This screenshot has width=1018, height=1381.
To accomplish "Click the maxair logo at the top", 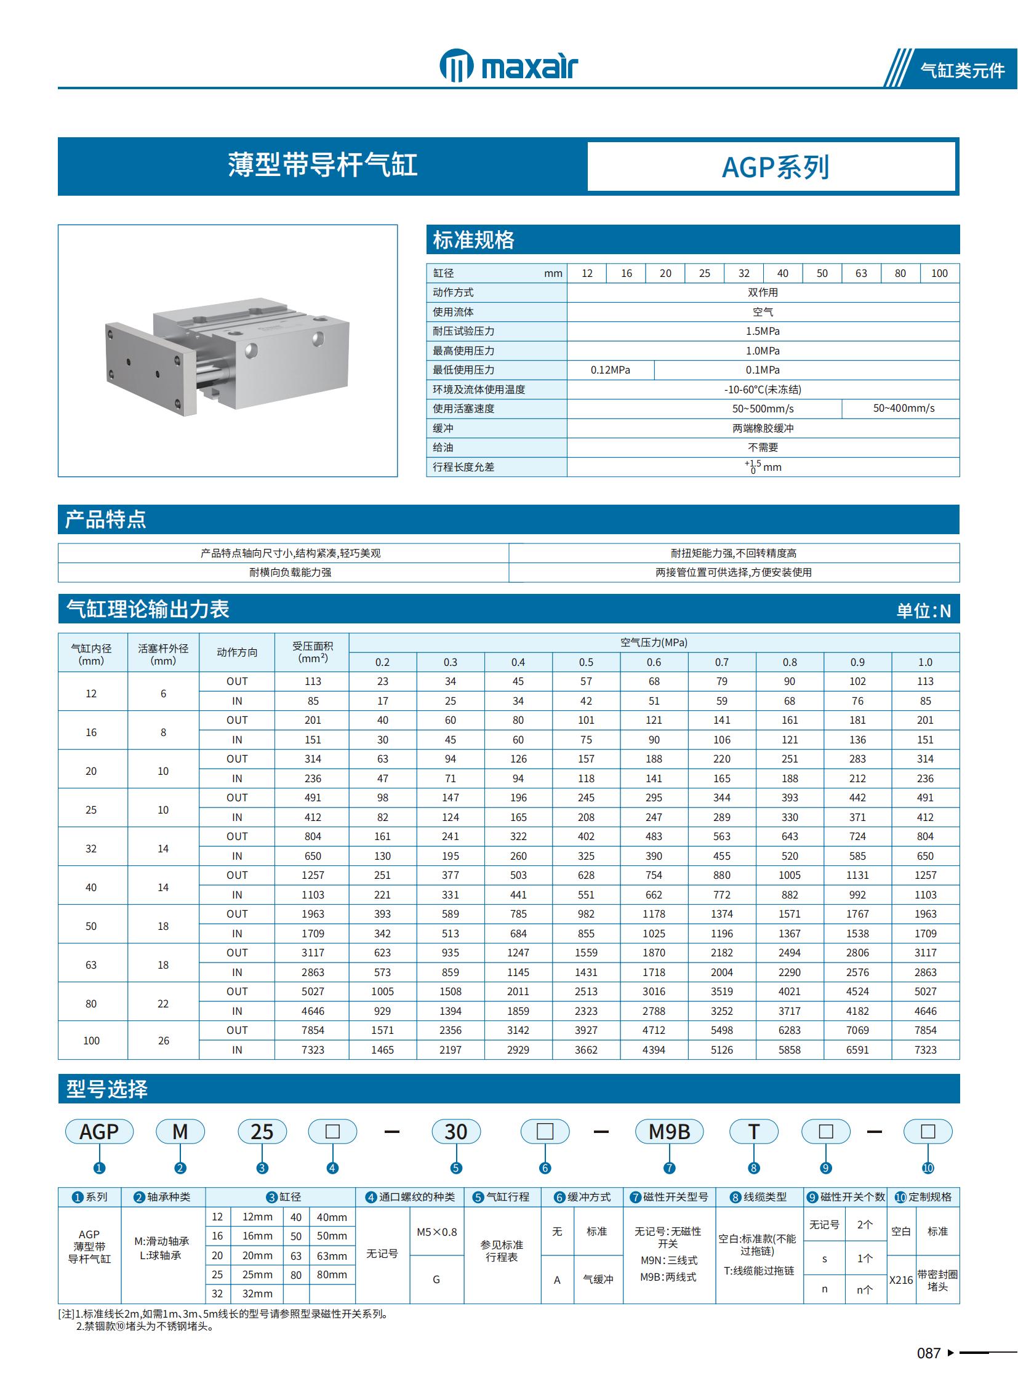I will click(508, 65).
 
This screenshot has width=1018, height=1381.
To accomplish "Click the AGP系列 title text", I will click(775, 167).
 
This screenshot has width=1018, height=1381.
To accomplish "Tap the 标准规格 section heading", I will click(473, 240).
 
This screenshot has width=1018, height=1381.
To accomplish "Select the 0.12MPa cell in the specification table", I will click(610, 370).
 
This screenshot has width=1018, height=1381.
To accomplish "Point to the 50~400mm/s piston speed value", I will click(904, 409).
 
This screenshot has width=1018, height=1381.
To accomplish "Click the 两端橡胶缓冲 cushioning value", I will click(762, 428).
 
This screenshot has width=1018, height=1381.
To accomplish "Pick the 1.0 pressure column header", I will click(925, 662).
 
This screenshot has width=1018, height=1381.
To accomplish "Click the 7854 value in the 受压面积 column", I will click(313, 1030).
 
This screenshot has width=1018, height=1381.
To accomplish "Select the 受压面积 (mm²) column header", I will click(313, 652).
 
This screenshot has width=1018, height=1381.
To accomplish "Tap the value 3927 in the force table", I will click(585, 1030).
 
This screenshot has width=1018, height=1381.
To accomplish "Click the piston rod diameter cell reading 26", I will click(163, 1041).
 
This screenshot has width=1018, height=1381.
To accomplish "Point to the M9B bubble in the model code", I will click(669, 1132).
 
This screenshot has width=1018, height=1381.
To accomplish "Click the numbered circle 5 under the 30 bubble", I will click(456, 1168).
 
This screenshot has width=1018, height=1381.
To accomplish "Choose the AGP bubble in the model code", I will click(99, 1132).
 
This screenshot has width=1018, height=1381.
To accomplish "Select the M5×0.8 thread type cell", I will click(436, 1232).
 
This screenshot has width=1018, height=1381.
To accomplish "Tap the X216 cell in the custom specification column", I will click(901, 1280).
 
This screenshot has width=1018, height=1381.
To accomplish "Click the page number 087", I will click(928, 1353).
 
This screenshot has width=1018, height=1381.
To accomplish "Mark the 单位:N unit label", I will click(923, 610).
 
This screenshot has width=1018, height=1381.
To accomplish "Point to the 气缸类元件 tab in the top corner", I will click(962, 70).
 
